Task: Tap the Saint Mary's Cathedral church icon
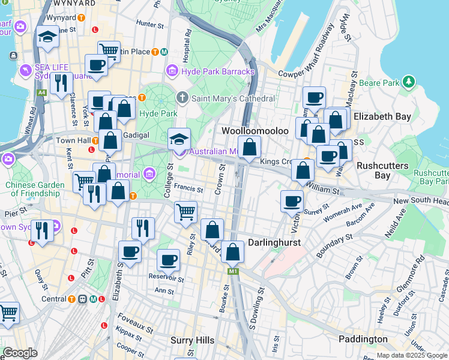tap(182, 98)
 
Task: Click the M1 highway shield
tap(232, 272)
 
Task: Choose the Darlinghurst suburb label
tap(274, 242)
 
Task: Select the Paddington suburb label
tap(363, 339)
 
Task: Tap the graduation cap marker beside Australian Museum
tap(179, 139)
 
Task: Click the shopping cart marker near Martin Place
tap(109, 51)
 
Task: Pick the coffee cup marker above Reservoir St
tap(169, 260)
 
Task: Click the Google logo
tap(20, 353)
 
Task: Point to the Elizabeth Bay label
tap(382, 116)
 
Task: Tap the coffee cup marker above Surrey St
tap(292, 201)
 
